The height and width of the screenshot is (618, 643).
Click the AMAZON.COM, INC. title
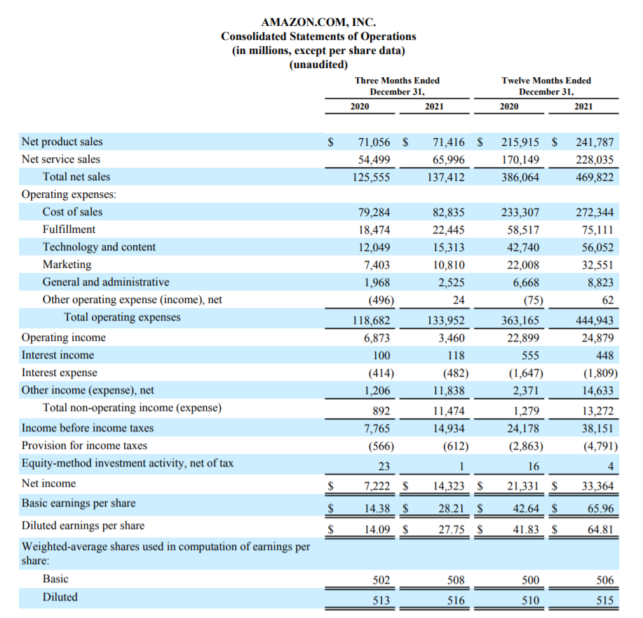[318, 22]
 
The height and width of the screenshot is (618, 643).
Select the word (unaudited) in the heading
[318, 65]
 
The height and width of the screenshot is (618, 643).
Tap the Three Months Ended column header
[397, 81]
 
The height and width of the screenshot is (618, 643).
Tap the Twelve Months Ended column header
[546, 81]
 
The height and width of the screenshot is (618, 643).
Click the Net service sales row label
[61, 159]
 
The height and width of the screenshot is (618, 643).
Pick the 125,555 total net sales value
[371, 177]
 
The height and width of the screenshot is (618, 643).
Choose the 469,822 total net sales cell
[594, 177]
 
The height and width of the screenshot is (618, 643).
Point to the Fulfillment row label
[69, 229]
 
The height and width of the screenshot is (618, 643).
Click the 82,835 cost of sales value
[445, 212]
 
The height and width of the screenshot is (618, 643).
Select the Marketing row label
[67, 264]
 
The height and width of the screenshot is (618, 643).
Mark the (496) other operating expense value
[379, 300]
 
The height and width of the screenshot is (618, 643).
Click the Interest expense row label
[60, 372]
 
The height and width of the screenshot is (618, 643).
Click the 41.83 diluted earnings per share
[524, 530]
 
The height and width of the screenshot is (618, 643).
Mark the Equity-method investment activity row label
[128, 463]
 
